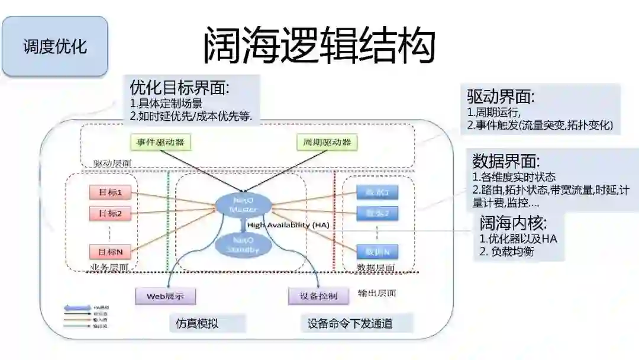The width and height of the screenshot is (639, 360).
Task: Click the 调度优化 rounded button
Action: click(55, 47)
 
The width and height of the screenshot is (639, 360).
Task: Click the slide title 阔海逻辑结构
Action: click(319, 45)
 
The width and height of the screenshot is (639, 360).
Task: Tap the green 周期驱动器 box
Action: click(327, 142)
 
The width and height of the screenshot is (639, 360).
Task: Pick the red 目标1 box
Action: click(110, 192)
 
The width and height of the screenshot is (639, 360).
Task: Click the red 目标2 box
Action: click(110, 213)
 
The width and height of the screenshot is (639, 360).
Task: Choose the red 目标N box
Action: click(110, 251)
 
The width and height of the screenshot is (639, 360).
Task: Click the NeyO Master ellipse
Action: click(243, 205)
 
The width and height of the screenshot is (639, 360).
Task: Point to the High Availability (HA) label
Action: click(288, 226)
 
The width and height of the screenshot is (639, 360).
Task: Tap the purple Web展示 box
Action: click(165, 295)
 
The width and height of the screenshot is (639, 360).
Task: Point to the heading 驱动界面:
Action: click(501, 97)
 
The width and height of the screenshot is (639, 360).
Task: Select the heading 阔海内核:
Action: click(513, 223)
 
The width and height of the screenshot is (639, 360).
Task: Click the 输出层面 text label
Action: click(377, 293)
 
